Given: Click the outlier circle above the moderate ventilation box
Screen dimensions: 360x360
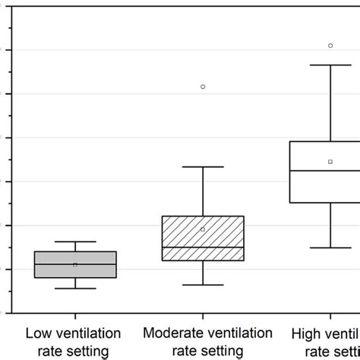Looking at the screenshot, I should [x=203, y=87].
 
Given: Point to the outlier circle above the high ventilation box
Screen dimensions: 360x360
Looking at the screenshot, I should [x=330, y=46].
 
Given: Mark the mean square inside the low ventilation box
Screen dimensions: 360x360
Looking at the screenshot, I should [x=74, y=264].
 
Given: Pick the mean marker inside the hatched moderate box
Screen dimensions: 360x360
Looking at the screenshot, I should [x=203, y=229].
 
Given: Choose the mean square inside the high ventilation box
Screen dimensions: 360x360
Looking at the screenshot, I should [x=330, y=162].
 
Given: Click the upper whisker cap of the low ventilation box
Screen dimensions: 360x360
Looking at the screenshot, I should [x=74, y=242].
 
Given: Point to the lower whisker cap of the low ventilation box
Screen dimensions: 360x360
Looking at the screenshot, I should [x=74, y=289].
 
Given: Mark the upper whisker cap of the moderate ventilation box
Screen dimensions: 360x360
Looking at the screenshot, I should [x=203, y=166].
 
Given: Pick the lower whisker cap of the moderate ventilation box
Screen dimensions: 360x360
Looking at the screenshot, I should [x=203, y=285].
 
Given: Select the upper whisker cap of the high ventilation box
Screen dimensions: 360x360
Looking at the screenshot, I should [x=330, y=65].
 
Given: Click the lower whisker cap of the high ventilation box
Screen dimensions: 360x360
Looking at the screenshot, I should [x=330, y=248].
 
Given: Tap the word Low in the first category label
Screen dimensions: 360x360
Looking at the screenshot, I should [x=39, y=333].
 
